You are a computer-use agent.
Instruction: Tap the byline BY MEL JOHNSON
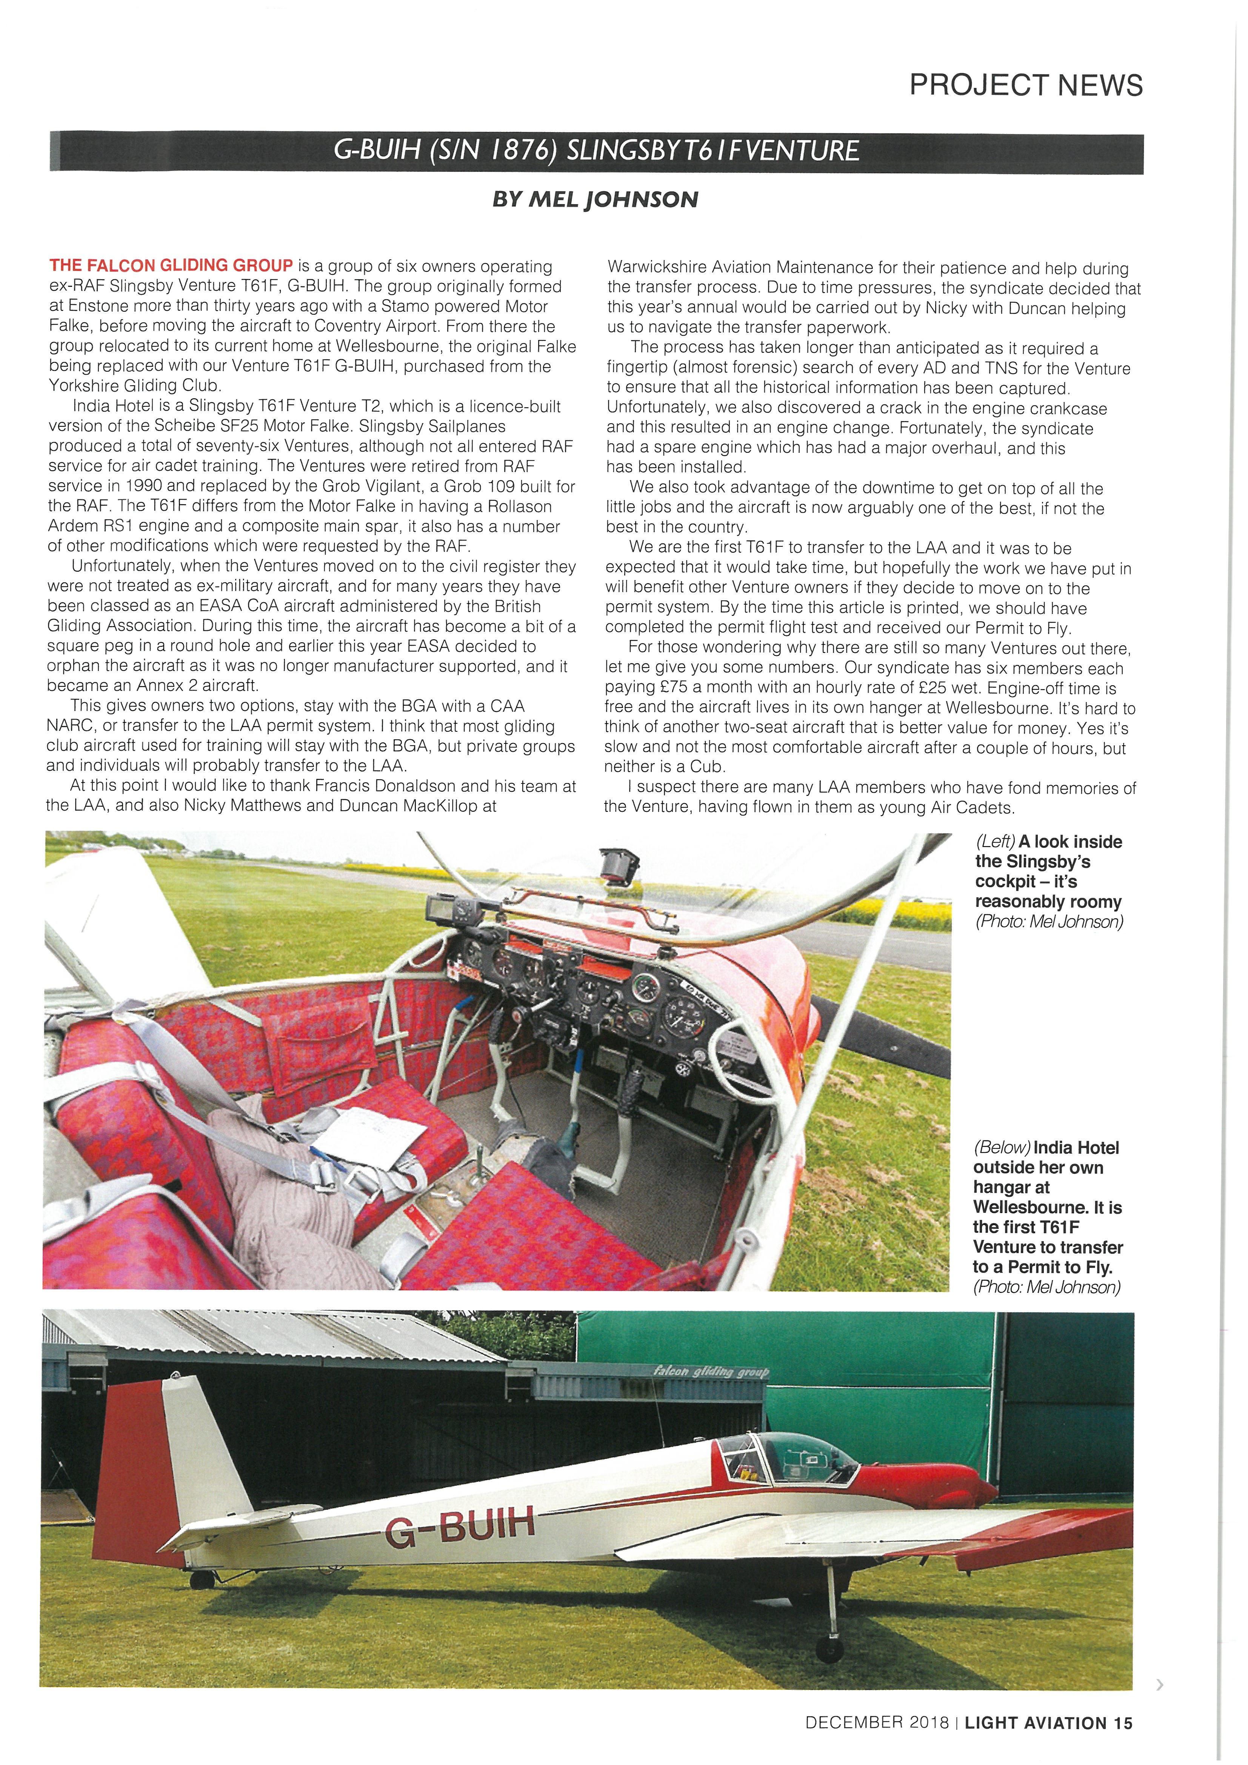point(595,200)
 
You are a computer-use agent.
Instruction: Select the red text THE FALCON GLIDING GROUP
point(171,266)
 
